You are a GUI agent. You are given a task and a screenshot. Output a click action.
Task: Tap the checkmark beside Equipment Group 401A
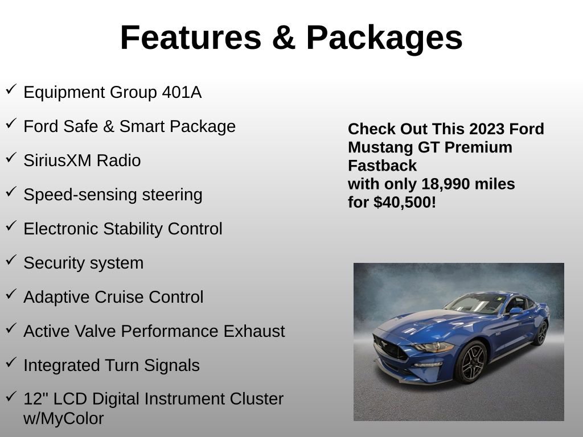click(11, 89)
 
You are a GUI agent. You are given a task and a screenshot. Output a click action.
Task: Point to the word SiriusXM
click(58, 160)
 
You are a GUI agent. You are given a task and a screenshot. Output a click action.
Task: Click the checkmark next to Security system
click(11, 260)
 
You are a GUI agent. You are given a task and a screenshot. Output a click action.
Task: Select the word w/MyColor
click(63, 419)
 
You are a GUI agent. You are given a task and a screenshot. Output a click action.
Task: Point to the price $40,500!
click(405, 202)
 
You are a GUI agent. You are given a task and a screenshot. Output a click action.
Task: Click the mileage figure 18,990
click(445, 184)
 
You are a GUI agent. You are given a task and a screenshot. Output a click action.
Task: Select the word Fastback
click(382, 166)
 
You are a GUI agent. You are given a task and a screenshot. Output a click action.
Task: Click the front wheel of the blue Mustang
click(471, 362)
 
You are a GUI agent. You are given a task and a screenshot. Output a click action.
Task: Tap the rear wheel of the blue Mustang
click(540, 333)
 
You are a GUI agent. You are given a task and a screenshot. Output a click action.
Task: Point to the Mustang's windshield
click(476, 303)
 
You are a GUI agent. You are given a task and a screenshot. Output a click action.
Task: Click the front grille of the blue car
click(389, 348)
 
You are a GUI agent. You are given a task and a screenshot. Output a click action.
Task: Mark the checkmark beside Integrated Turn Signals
click(11, 362)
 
